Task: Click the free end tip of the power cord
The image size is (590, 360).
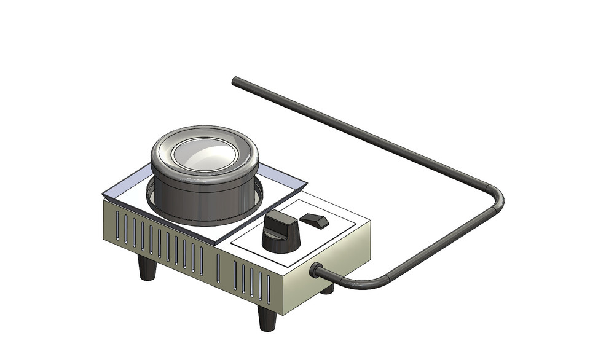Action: [235, 80]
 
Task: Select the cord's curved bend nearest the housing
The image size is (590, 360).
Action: [363, 284]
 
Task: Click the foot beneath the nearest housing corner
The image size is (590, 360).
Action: [266, 318]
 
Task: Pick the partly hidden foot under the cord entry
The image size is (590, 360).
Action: [328, 288]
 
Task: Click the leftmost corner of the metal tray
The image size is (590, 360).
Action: [103, 195]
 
